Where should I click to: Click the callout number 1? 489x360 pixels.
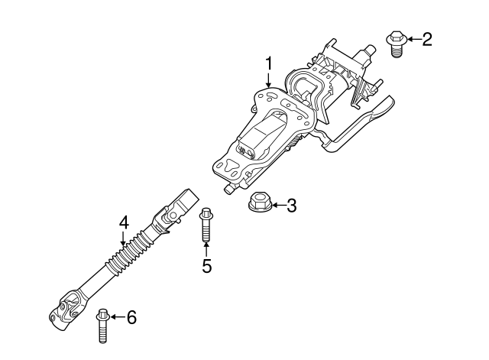269,62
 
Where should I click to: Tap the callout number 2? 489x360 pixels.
426,38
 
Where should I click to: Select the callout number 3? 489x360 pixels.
291,205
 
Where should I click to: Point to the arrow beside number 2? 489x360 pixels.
413,38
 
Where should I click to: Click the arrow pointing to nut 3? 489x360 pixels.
277,205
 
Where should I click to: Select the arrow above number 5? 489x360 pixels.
206,250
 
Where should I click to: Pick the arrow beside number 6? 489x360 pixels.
116,316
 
